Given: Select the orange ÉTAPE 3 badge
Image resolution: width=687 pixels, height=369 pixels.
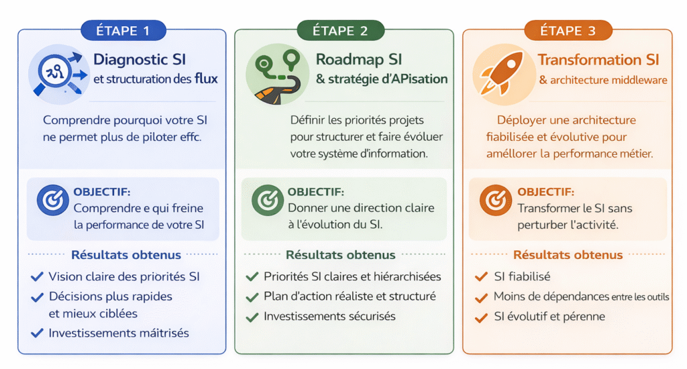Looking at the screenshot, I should pyautogui.click(x=568, y=31).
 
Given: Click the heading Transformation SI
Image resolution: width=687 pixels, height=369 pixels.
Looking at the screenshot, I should pyautogui.click(x=598, y=60).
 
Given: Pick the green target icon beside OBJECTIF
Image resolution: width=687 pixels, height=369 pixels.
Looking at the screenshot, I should pyautogui.click(x=264, y=200).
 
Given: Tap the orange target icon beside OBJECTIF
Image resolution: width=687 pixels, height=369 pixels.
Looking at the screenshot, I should pyautogui.click(x=493, y=201).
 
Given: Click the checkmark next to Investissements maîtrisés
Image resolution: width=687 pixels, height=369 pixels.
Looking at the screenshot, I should pyautogui.click(x=37, y=333).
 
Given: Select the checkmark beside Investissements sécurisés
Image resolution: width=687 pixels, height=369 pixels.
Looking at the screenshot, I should pyautogui.click(x=252, y=317).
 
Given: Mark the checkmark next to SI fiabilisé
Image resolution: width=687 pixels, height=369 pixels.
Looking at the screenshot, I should pyautogui.click(x=480, y=276).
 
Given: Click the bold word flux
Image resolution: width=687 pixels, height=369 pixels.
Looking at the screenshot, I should pyautogui.click(x=205, y=79).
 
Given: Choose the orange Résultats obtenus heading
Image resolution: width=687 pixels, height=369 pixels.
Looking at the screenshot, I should pyautogui.click(x=568, y=255).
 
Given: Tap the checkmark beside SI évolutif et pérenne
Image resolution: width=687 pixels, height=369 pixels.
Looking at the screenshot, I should pyautogui.click(x=480, y=317).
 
